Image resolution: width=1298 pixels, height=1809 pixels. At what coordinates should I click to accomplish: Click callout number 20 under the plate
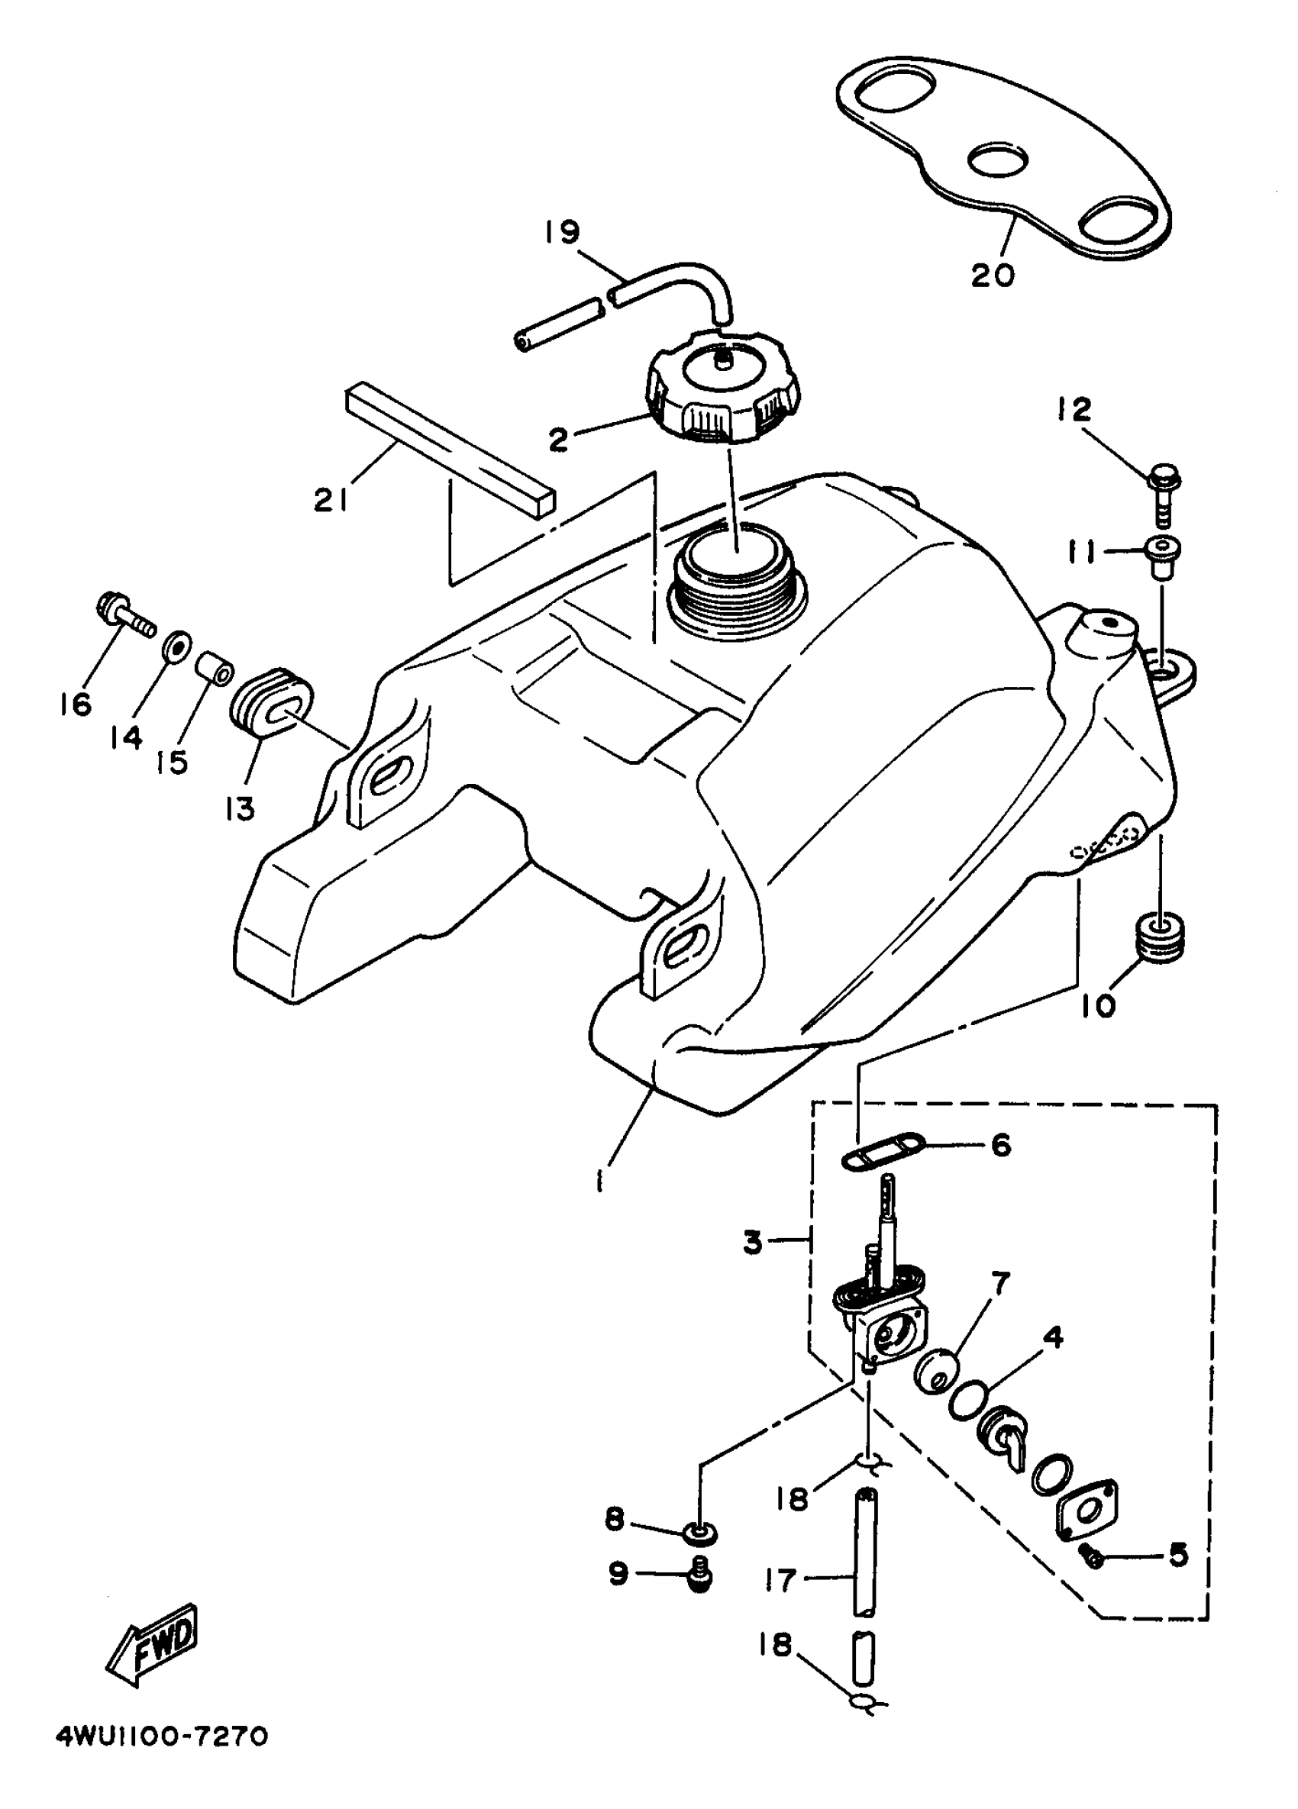point(993,276)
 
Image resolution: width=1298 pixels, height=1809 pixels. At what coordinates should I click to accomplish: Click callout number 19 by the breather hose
point(563,233)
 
